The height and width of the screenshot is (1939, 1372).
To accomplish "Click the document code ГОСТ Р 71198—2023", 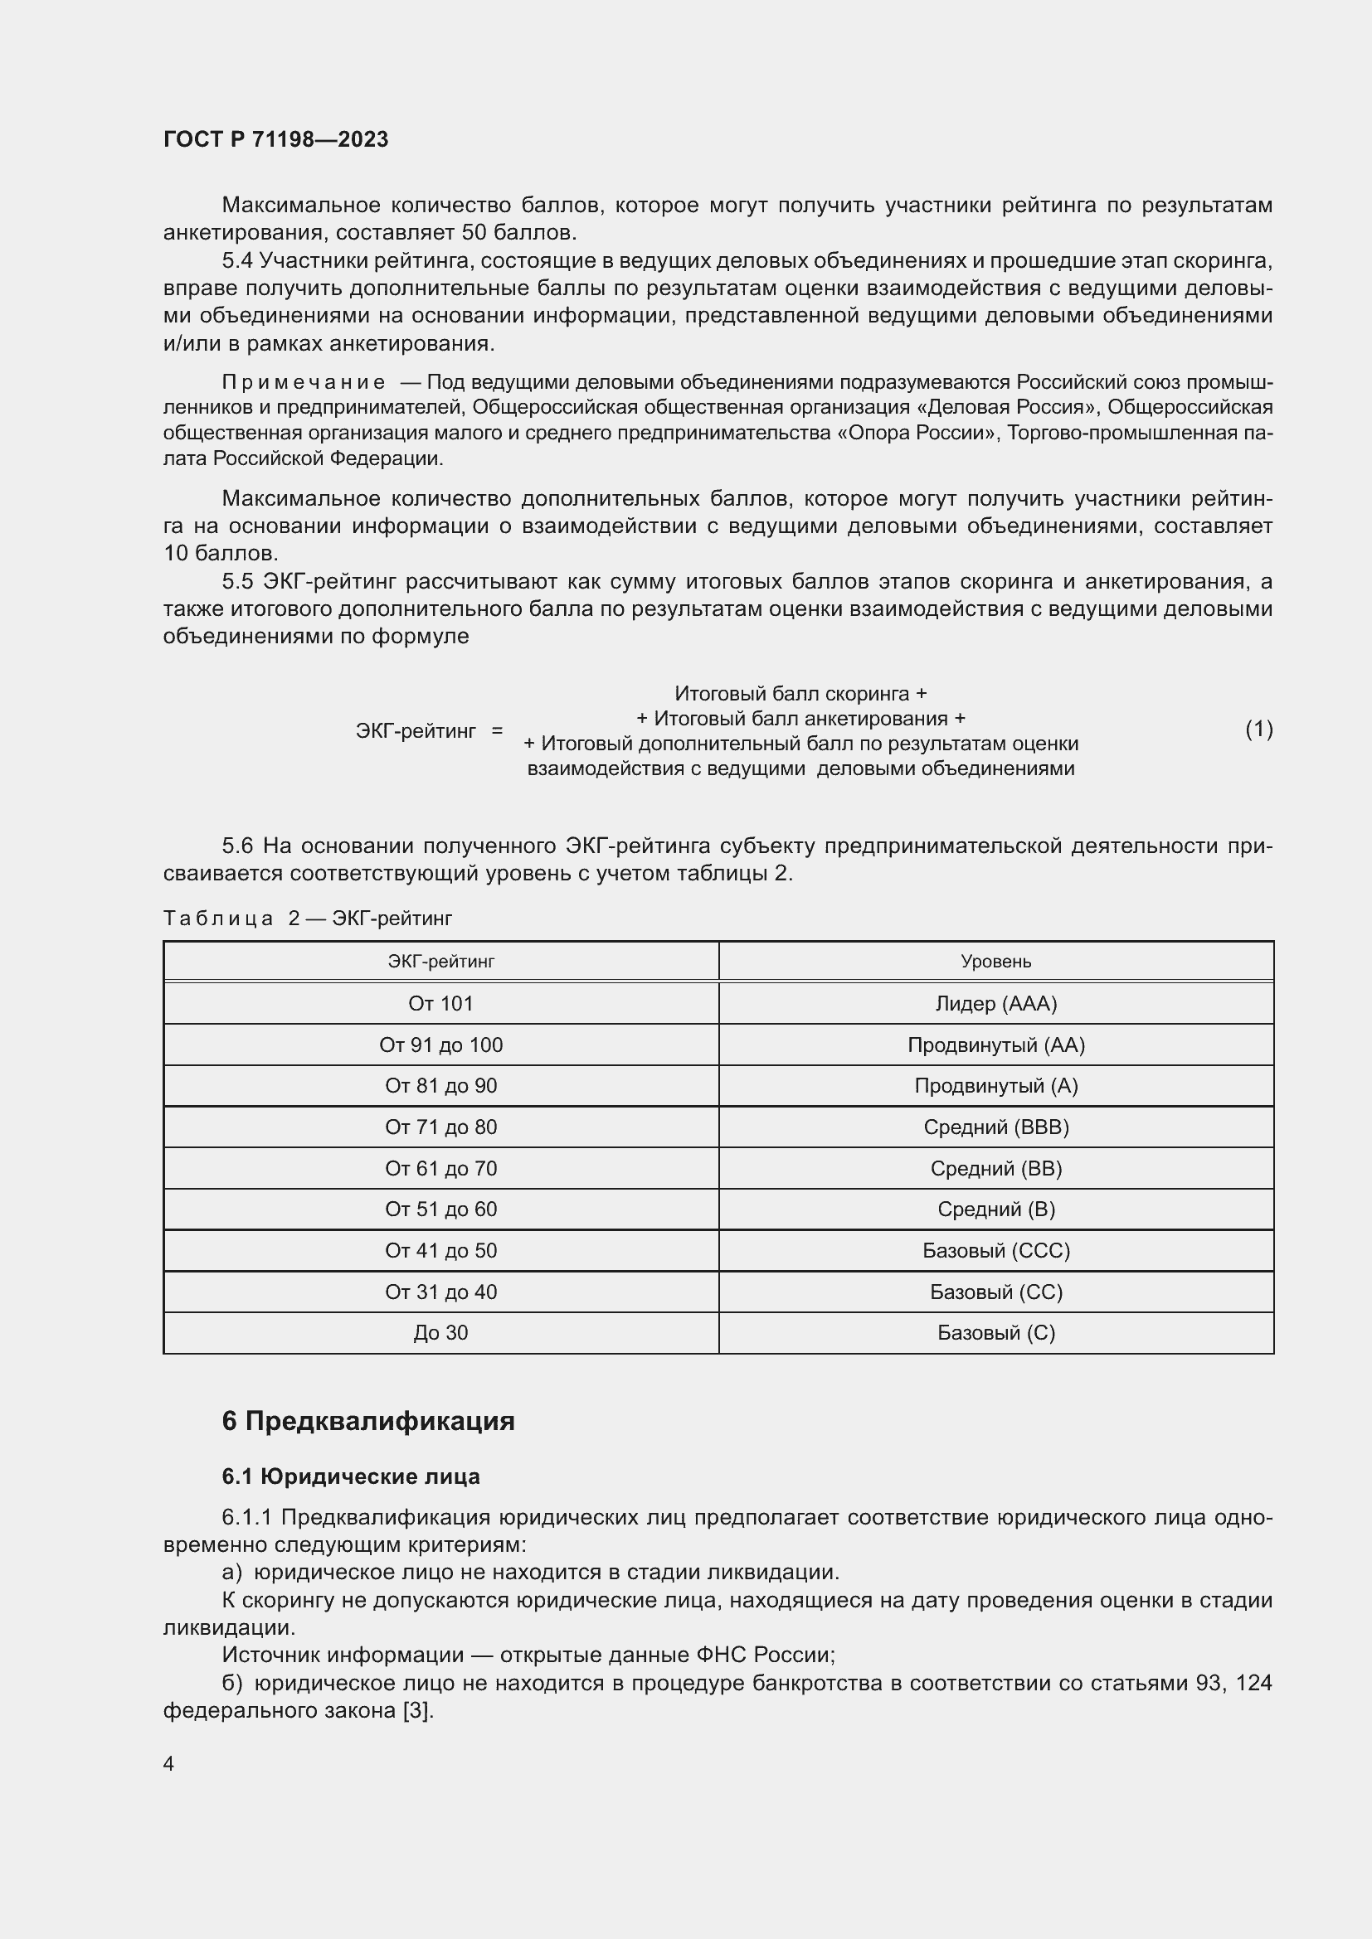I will click(x=275, y=139).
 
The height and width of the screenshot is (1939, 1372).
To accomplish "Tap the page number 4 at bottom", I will click(x=168, y=1764).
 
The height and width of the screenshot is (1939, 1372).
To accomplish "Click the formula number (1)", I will click(x=1259, y=729).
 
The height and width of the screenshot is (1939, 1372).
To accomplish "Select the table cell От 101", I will click(x=440, y=1003).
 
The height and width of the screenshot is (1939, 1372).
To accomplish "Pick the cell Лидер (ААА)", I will click(x=996, y=1003).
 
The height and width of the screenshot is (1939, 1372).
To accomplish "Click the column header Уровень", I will click(x=996, y=961).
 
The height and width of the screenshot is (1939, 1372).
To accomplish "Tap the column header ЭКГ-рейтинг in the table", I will click(x=440, y=961).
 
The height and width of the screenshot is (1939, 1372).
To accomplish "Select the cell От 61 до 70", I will click(x=440, y=1168).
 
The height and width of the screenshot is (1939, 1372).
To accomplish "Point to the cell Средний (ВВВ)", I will click(x=996, y=1127).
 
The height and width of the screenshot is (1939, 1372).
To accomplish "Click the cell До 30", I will click(x=440, y=1333).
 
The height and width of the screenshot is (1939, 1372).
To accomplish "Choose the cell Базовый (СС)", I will click(x=996, y=1292).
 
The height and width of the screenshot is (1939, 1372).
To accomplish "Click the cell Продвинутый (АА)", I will click(x=996, y=1045).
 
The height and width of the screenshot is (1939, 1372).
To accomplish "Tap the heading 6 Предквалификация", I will click(x=367, y=1422).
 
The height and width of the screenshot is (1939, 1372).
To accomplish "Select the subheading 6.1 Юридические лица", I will click(x=351, y=1476).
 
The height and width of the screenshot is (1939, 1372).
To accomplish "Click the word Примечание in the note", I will click(x=304, y=382).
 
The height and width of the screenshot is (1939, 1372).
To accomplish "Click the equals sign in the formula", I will click(x=497, y=730).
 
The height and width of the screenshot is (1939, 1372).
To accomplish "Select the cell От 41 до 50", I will click(x=440, y=1250).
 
